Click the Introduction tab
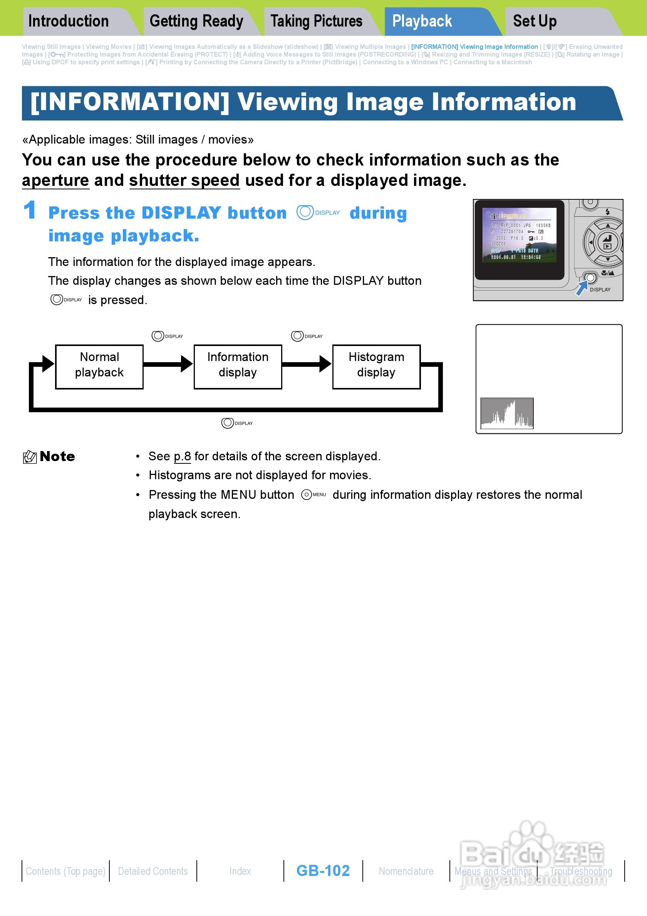(68, 21)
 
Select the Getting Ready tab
(196, 21)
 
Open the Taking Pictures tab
(316, 21)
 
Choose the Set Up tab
(535, 21)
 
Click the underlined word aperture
(55, 181)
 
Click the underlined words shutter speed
(184, 181)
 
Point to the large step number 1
(30, 210)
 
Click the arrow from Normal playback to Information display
(168, 364)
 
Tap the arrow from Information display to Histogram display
(307, 364)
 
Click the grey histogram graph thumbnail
(506, 413)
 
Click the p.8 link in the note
(183, 456)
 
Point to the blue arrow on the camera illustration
(582, 288)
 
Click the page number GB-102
(323, 871)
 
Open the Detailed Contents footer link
(153, 871)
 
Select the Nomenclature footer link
(406, 871)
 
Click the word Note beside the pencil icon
(57, 456)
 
